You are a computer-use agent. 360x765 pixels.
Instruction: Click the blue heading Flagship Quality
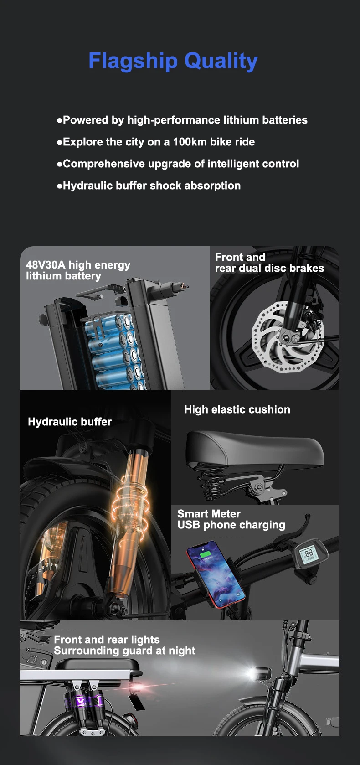tap(173, 61)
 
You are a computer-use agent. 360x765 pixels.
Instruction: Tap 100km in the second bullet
tap(190, 142)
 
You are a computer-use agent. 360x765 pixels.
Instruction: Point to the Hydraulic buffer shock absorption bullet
tap(149, 186)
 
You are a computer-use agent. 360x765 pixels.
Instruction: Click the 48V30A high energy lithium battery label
tap(78, 270)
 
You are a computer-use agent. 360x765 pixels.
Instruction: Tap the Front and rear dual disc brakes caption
tap(269, 263)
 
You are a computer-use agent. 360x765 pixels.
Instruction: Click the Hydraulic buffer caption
tap(70, 422)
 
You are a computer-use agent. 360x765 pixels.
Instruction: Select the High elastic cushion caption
tap(237, 409)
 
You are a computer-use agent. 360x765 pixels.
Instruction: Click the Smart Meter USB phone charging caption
tap(231, 519)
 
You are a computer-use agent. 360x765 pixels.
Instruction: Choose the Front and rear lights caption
tap(124, 645)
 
